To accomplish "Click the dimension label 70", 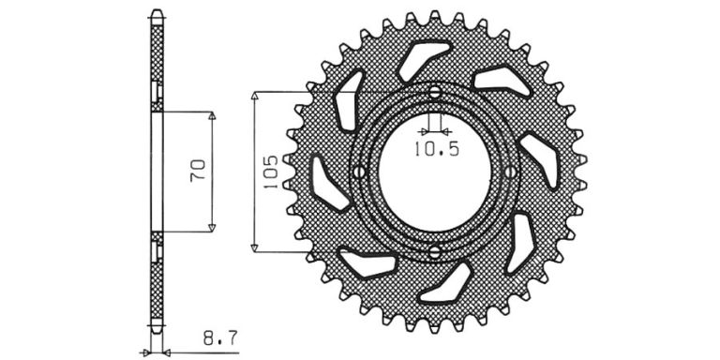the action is click(198, 171).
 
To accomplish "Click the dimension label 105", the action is click(270, 172).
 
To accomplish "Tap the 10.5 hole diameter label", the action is click(437, 149).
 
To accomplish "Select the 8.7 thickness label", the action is click(220, 339).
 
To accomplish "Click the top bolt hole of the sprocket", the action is click(435, 92).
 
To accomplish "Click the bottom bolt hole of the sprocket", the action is click(435, 251).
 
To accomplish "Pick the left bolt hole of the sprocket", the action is click(359, 172).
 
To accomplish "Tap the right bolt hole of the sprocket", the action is click(510, 172).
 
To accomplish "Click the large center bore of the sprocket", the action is click(435, 172).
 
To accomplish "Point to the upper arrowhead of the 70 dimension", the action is click(212, 115).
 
